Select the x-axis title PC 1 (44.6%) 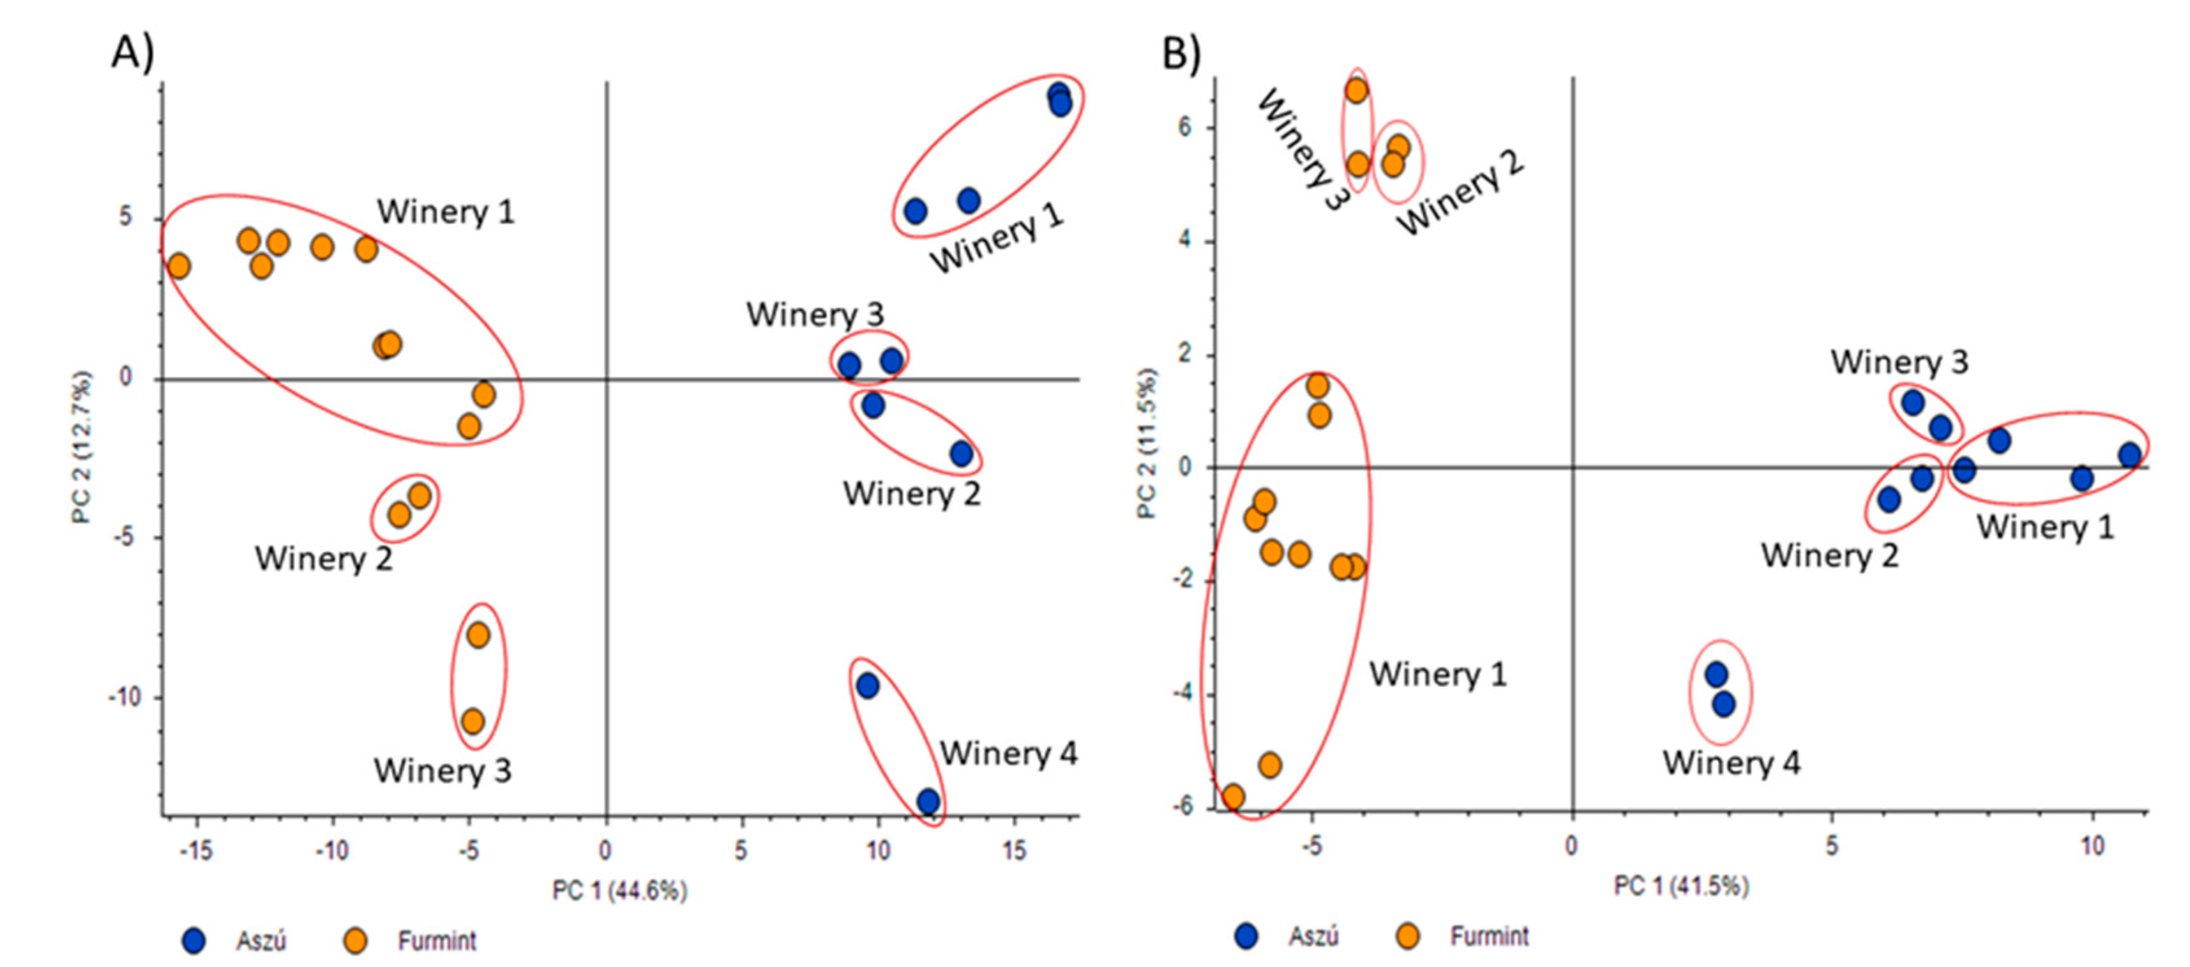619,891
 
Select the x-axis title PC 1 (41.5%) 1681,886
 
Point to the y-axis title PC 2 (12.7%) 82,446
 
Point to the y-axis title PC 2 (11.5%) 1147,442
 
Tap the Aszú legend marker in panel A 195,940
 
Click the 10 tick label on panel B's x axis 2092,847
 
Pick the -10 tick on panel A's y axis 124,698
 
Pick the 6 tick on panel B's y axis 1185,128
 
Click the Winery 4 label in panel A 1008,753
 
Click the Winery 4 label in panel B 1731,762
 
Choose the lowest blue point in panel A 929,801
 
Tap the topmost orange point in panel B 1357,90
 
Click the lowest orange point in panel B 1233,797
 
